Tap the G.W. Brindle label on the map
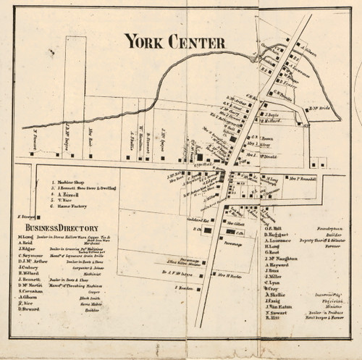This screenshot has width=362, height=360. (x=287, y=93)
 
